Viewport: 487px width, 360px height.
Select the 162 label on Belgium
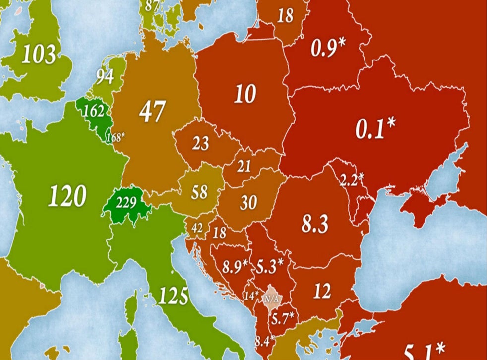point(93,111)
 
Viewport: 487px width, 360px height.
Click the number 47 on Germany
point(152,112)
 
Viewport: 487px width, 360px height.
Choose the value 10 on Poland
point(245,94)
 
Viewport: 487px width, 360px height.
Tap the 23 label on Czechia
point(200,144)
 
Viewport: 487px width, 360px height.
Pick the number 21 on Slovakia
point(243,167)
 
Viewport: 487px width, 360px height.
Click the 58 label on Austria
point(199,192)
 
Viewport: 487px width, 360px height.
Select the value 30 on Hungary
point(248,202)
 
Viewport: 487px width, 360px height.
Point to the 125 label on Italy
point(173,297)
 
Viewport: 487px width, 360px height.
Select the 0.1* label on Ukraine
point(375,129)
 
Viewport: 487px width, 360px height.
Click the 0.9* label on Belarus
point(328,47)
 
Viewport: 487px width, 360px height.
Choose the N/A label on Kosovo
point(271,299)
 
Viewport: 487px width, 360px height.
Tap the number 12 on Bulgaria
point(322,291)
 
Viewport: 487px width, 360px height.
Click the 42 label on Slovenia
point(197,228)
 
